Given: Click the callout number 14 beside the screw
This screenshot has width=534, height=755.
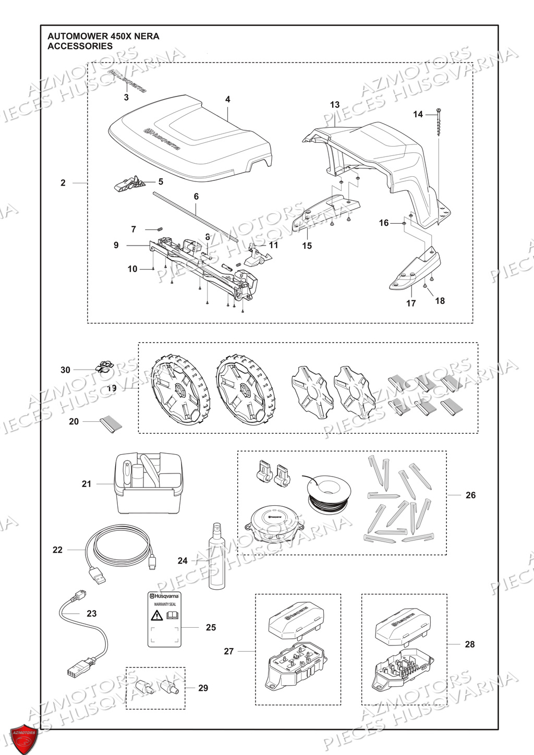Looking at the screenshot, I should tap(418, 114).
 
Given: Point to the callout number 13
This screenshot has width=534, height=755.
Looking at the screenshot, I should tap(335, 105).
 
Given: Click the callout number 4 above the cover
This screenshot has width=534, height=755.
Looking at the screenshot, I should tap(228, 99).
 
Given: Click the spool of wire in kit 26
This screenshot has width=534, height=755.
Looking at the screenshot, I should tap(328, 493).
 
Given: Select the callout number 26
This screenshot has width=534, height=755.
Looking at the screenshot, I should tap(470, 495).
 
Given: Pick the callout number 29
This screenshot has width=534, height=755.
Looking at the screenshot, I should tap(203, 688).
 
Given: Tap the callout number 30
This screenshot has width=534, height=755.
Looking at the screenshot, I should tap(65, 370).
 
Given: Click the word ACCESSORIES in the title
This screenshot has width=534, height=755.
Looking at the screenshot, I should tap(80, 46).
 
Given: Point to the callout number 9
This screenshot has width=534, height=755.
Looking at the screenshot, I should tap(116, 245).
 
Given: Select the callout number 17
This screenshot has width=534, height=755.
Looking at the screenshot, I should tap(411, 303).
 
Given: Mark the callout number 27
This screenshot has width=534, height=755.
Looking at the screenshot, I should tap(229, 651).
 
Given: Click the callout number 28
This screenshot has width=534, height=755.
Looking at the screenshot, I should tap(470, 644).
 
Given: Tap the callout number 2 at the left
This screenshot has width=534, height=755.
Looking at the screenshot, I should tap(63, 183).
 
